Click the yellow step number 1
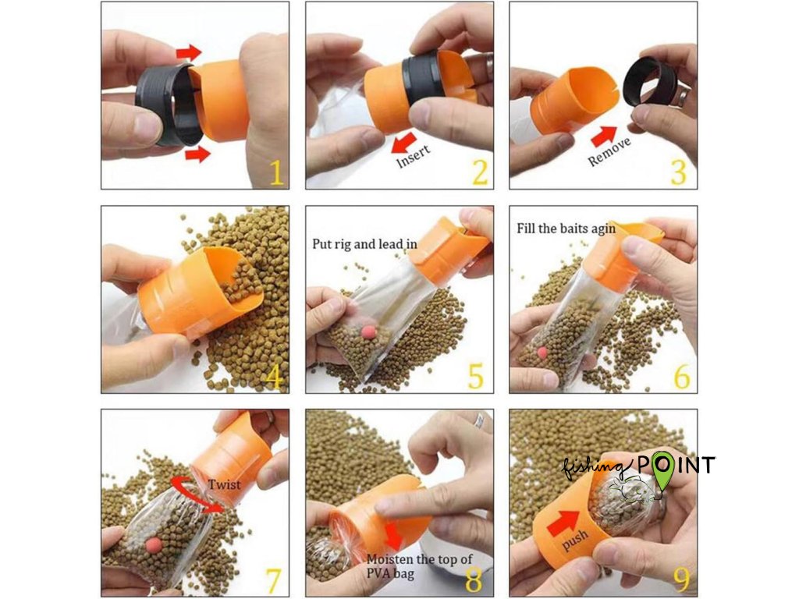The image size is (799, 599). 275,172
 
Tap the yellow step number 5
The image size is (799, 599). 475,376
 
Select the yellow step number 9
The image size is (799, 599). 682,579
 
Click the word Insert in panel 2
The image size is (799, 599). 414,155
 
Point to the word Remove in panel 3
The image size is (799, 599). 609,151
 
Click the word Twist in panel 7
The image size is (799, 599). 224,484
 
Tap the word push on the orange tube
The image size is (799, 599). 575,540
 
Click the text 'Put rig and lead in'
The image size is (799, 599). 364,244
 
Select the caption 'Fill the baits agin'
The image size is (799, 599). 566,229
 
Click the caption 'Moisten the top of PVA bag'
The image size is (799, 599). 419,566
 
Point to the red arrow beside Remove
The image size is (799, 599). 604,136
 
